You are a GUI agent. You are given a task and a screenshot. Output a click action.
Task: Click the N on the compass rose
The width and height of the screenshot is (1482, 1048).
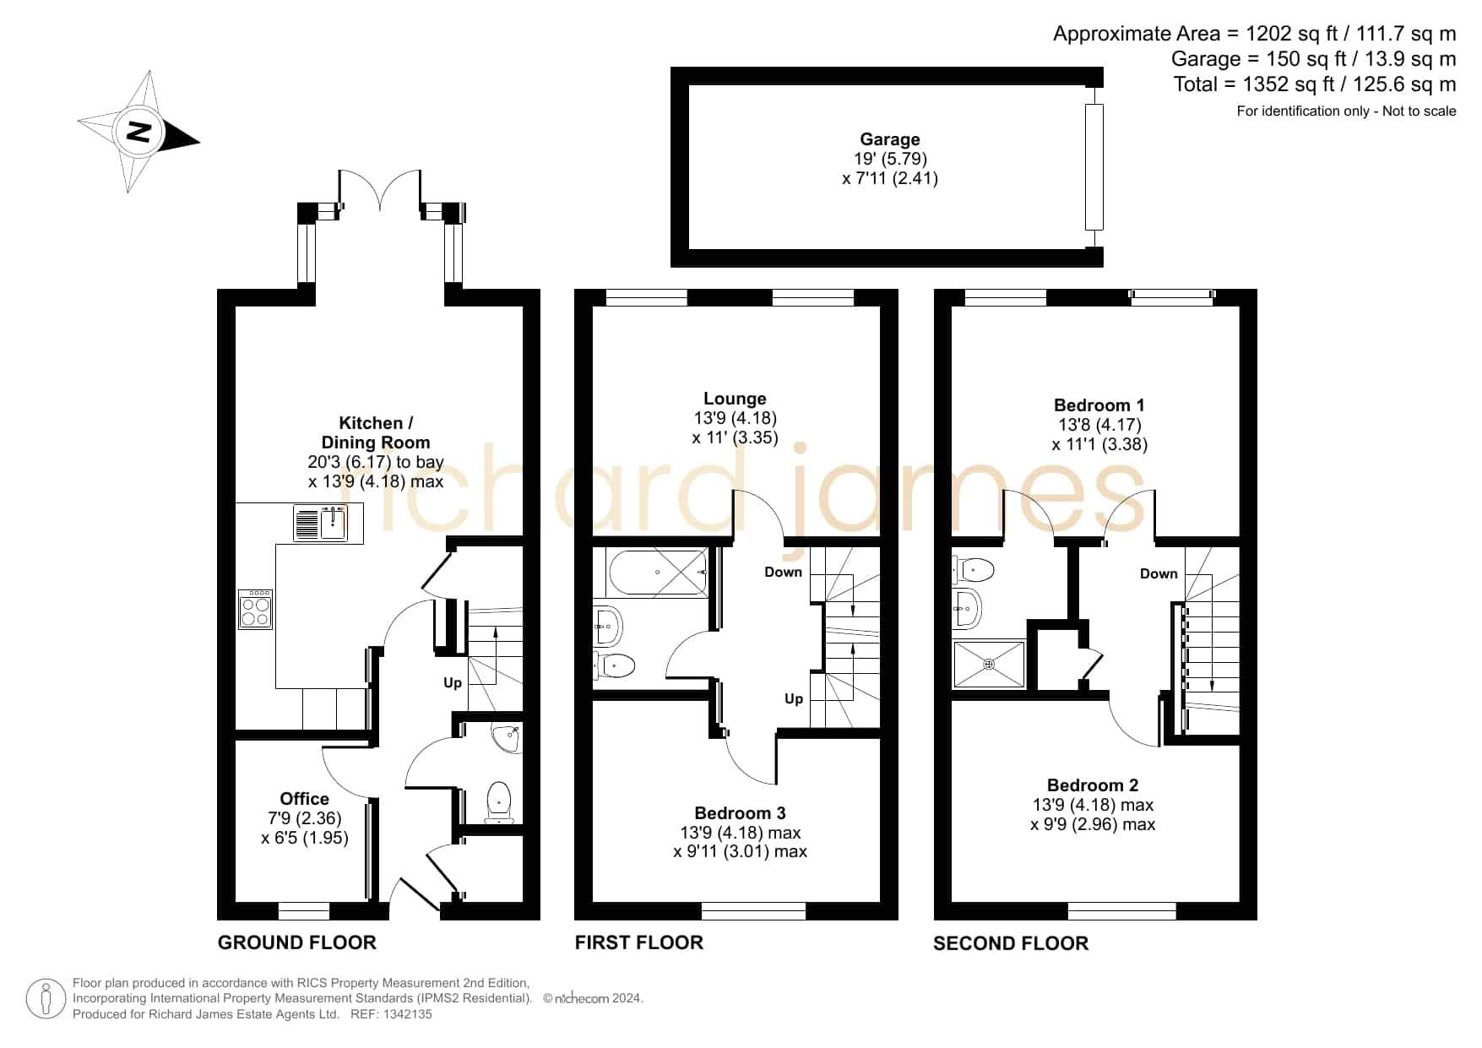coord(138,131)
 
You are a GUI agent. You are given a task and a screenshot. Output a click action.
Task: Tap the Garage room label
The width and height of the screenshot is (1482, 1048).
coord(890,139)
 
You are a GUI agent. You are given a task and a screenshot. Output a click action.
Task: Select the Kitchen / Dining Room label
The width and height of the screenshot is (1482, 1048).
coord(376,432)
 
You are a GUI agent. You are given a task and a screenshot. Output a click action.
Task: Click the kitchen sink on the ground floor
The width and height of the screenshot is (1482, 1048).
coord(321,523)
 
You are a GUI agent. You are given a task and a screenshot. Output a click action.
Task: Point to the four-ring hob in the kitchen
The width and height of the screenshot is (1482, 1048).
coord(256,609)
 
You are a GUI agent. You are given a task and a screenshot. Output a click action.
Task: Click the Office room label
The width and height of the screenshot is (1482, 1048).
coord(305,799)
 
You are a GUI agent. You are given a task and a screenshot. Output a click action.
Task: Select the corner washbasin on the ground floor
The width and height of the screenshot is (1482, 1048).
coord(508,737)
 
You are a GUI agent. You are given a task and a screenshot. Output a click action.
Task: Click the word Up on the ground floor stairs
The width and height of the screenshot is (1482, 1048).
coord(453,682)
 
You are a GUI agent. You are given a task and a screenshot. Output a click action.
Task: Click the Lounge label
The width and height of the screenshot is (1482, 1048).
coord(736,399)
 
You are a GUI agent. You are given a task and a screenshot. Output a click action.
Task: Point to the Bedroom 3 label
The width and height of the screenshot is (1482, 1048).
coord(741,813)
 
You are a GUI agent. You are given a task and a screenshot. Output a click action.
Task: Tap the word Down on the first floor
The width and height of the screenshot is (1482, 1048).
coord(784,572)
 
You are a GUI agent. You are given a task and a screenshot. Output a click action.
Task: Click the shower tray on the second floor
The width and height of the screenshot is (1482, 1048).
coord(989,665)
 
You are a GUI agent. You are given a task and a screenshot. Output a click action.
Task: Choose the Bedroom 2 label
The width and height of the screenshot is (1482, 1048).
coord(1093,785)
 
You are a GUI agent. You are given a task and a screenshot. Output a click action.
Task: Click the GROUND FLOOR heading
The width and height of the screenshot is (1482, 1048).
coord(297,942)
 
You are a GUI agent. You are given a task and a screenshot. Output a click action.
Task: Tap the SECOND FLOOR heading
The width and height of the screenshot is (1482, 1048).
coord(1011,943)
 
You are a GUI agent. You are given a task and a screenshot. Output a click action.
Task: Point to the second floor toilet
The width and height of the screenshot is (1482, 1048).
coord(973,571)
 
